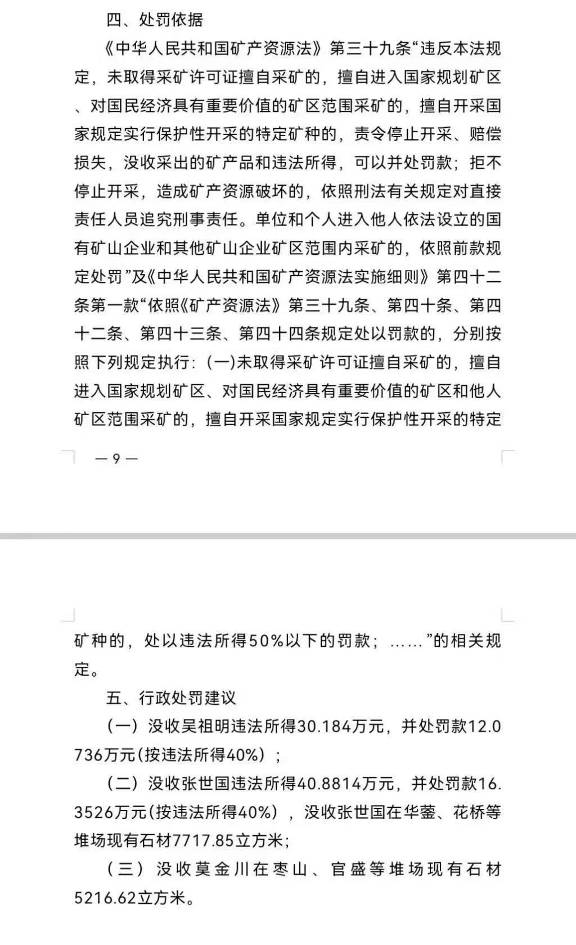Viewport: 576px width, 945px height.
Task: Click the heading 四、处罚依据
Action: pos(155,21)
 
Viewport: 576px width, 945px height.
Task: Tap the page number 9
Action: pos(116,458)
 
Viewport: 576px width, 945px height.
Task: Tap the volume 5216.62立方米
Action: pos(130,899)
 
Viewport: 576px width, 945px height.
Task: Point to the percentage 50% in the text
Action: pos(267,641)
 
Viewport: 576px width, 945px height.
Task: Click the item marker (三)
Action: pos(123,870)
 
